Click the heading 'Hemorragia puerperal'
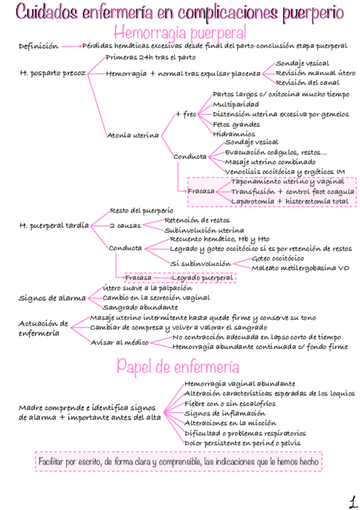point(180,32)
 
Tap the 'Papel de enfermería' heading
point(178,366)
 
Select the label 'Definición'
point(38,46)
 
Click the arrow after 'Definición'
point(72,46)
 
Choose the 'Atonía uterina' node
point(133,135)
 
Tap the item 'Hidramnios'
point(234,134)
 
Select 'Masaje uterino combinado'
point(270,162)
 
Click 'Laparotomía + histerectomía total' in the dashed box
point(290,201)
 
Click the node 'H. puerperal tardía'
point(53,226)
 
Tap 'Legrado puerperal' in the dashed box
point(202,278)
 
